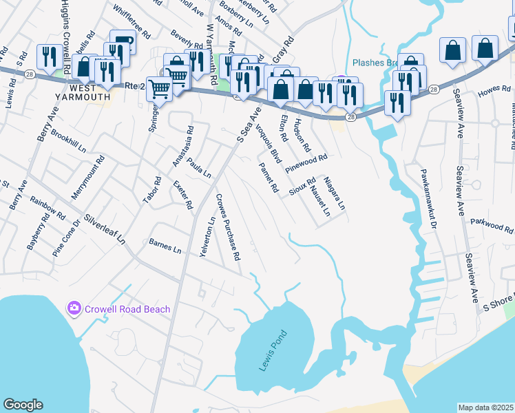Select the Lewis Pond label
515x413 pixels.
click(x=272, y=351)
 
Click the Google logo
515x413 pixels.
click(x=23, y=405)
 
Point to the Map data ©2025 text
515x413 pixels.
click(x=485, y=407)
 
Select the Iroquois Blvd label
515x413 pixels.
click(x=269, y=143)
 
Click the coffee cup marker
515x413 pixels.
click(x=123, y=42)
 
